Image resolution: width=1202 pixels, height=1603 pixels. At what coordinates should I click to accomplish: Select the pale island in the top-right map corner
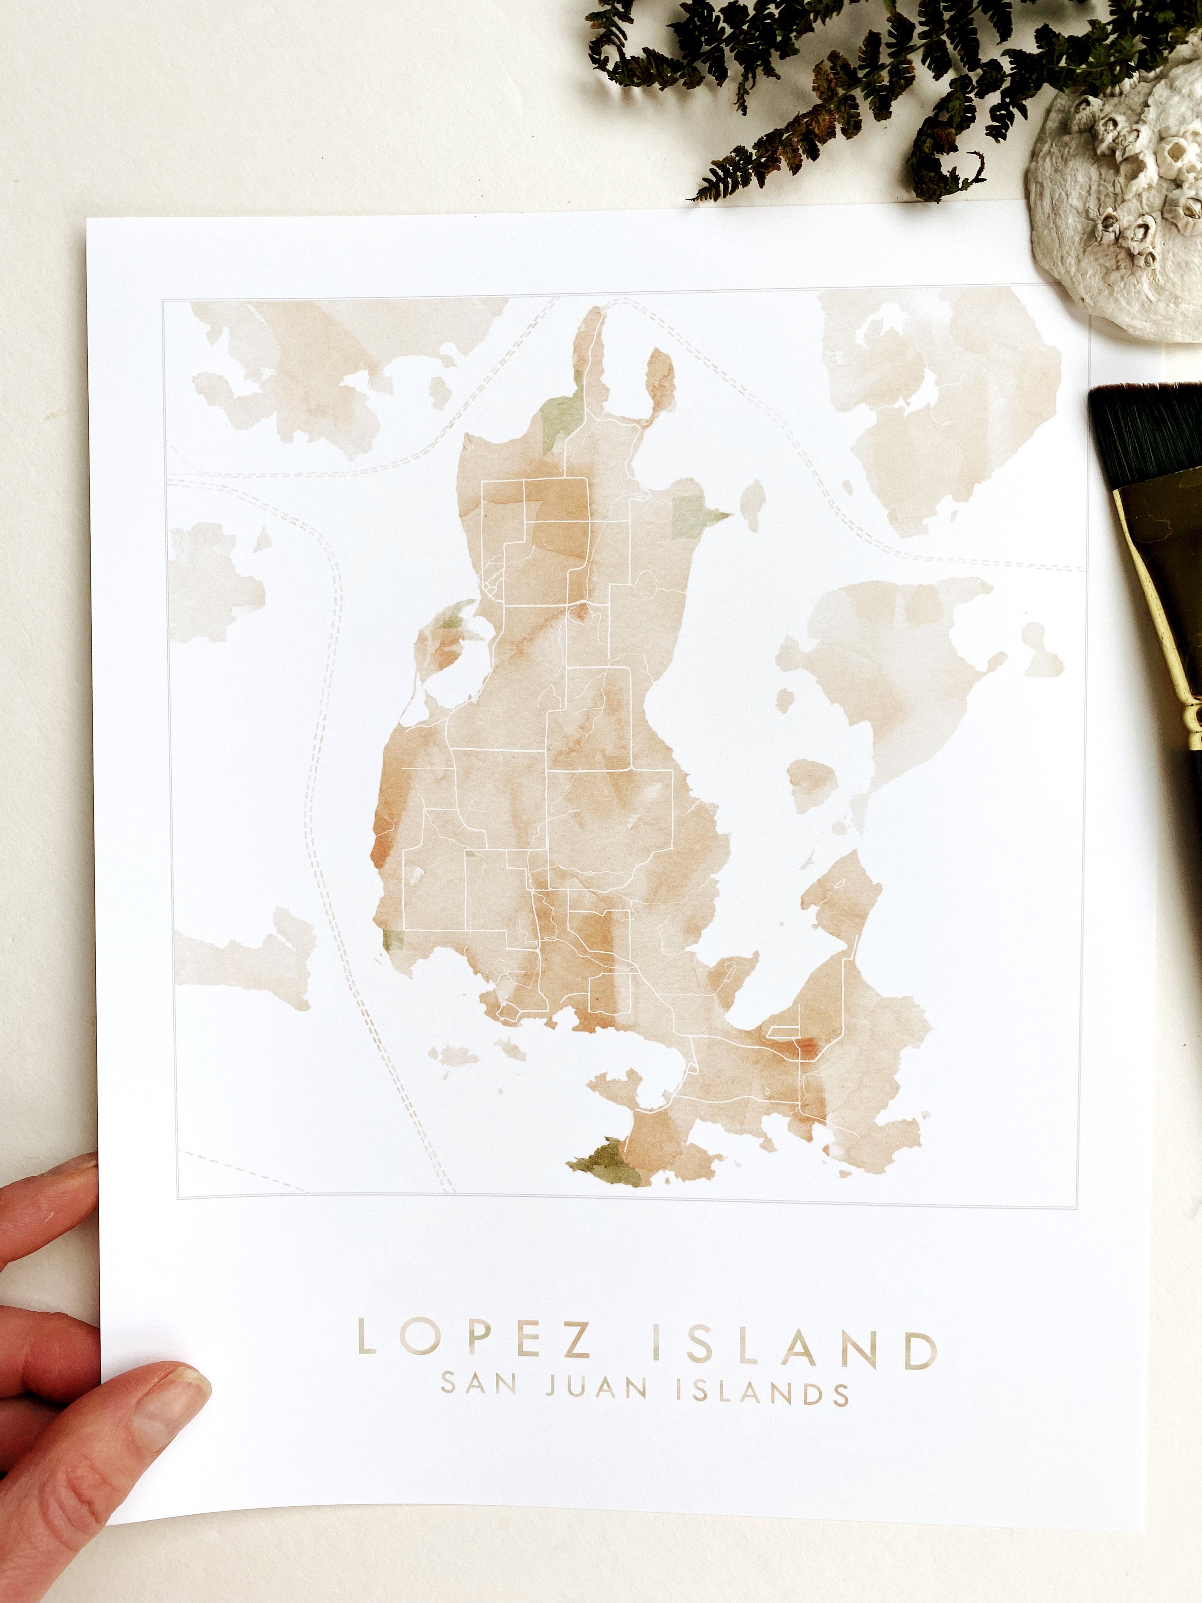pyautogui.click(x=934, y=406)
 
